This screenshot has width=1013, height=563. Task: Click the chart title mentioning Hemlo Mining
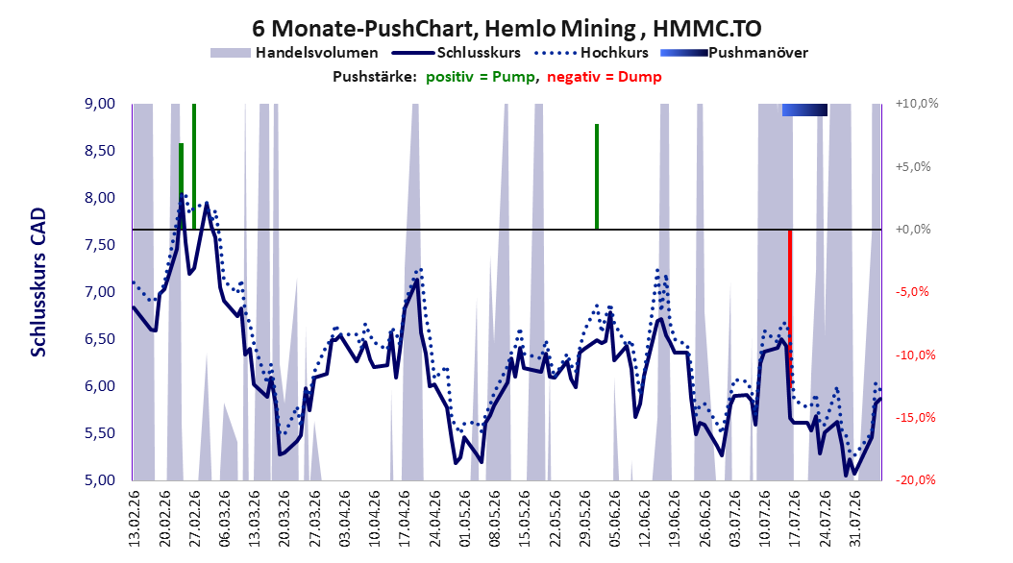coord(506,28)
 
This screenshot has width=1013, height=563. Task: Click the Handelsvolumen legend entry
coord(295,53)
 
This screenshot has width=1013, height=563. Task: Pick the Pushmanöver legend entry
coord(734,53)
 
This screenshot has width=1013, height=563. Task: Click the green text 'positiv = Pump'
coord(481,77)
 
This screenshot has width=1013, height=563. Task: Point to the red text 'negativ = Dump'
coord(605,77)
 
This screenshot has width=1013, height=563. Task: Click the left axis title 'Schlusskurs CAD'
coord(38,282)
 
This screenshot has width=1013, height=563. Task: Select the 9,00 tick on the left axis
coord(100,104)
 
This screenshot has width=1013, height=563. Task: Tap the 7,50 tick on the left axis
coord(100,245)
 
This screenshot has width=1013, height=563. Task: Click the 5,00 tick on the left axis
coord(100,479)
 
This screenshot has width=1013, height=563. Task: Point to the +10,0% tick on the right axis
coord(917,104)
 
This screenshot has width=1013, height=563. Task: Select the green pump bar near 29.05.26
coord(597,176)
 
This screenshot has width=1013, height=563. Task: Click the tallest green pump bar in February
coord(194,166)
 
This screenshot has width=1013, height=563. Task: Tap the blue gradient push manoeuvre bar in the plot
coord(804,110)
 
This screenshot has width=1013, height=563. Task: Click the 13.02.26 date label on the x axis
coord(135,518)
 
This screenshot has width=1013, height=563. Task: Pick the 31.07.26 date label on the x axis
coord(854,518)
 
